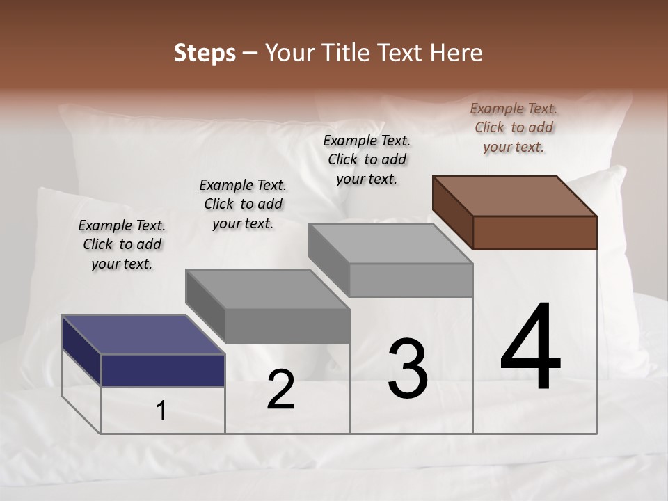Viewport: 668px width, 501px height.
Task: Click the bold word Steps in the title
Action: (x=205, y=53)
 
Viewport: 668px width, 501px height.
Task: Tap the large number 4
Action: (x=530, y=348)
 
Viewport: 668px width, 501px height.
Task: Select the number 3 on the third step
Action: (x=408, y=369)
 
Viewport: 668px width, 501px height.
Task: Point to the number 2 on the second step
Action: (x=281, y=390)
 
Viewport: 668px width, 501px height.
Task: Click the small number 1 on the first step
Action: (x=161, y=411)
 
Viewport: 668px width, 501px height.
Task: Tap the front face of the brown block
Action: (x=534, y=232)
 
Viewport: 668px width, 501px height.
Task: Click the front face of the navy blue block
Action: (x=163, y=370)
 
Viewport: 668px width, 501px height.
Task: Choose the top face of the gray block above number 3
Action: (x=390, y=244)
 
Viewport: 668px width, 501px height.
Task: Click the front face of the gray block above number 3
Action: (x=411, y=280)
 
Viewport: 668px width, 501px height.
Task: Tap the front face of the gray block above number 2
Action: (x=287, y=326)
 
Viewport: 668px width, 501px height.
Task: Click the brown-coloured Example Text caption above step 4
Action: (x=514, y=128)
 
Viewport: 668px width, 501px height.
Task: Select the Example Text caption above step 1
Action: (x=122, y=244)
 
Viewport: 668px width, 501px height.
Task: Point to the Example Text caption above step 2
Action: (x=243, y=204)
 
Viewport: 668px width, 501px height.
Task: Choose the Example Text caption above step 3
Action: (x=367, y=159)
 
